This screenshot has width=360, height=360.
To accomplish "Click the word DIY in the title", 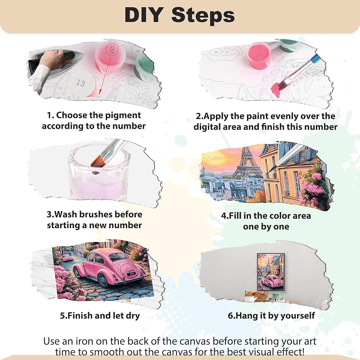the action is tap(144, 15).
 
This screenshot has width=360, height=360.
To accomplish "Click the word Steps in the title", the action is tap(203, 15).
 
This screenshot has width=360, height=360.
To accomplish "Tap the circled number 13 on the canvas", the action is tap(81, 83).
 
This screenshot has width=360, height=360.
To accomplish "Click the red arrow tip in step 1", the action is tap(100, 93).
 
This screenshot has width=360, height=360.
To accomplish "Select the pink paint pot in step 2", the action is tap(260, 55).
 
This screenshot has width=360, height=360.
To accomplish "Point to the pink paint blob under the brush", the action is tap(276, 89).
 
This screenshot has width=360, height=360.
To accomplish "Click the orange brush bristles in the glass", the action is tap(96, 162).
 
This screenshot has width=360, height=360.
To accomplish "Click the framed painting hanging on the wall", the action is tap(271, 272).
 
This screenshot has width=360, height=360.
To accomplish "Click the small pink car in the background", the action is tap(67, 257).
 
